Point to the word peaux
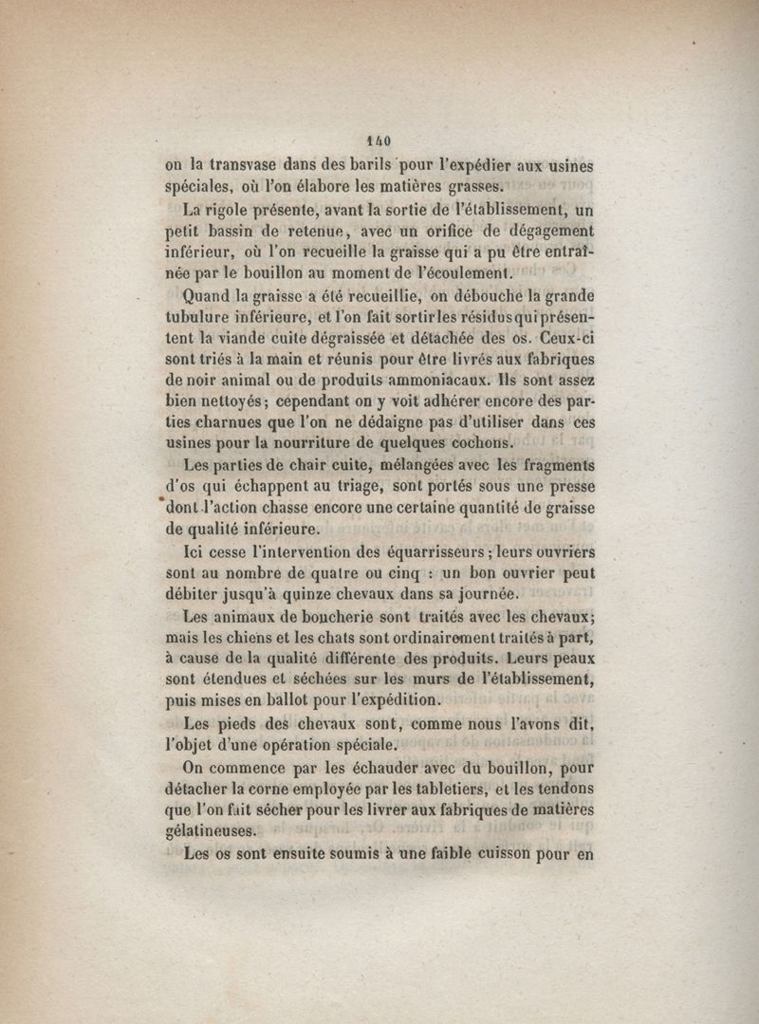coord(573,660)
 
